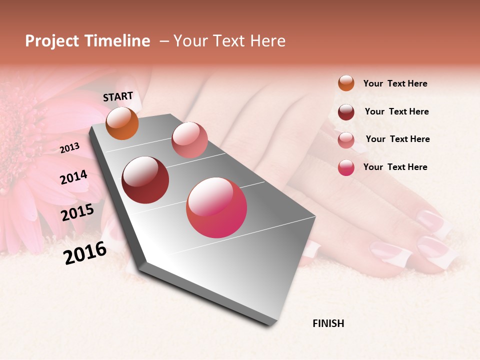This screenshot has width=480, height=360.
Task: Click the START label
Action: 118,96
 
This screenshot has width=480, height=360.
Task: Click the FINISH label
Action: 328,323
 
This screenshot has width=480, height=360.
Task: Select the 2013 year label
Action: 70,148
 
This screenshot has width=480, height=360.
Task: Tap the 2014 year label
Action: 74,177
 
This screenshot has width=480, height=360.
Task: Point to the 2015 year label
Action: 77,212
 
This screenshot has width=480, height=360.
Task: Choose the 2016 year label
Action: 85,252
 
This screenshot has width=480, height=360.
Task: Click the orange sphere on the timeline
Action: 122,123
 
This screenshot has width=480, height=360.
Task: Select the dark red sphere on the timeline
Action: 145,180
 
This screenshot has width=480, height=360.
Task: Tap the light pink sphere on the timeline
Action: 189,140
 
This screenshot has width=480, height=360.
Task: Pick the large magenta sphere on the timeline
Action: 216,207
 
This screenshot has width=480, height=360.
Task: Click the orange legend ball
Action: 346,83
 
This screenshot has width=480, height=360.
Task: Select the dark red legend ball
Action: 346,112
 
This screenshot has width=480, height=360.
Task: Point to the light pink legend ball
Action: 346,140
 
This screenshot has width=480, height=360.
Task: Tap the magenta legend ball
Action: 346,167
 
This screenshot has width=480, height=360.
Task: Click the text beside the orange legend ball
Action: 395,83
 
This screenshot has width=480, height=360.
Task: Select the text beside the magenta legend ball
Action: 395,167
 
